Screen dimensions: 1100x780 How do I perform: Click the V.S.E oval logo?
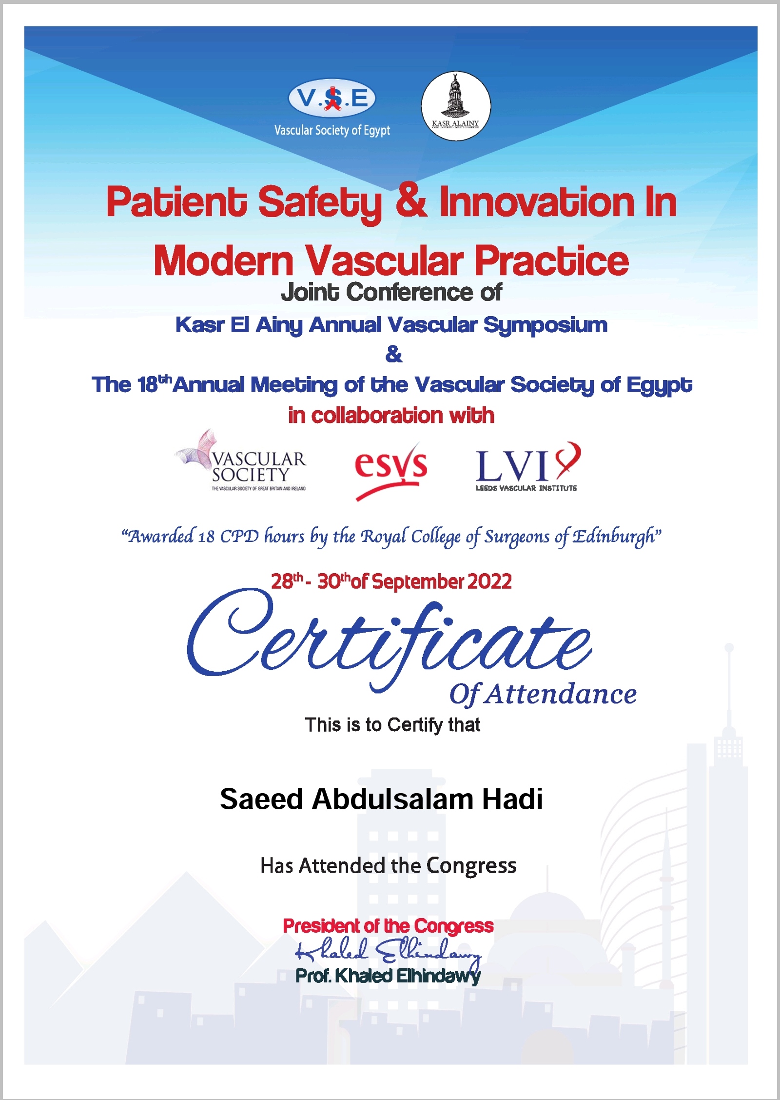(x=332, y=99)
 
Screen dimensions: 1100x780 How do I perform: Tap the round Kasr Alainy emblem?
(x=456, y=106)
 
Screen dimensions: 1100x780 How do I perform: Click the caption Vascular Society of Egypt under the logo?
(x=332, y=130)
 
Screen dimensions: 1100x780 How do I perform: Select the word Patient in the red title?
(x=176, y=202)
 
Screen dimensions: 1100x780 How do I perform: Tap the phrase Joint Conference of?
(x=391, y=292)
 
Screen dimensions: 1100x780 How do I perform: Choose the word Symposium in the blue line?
(x=546, y=325)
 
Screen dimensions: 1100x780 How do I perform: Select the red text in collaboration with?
(x=391, y=416)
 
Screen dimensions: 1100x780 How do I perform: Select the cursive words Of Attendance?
(x=543, y=694)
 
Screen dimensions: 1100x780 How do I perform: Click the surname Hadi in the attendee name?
(x=512, y=799)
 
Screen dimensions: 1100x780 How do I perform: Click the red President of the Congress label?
(x=388, y=925)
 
